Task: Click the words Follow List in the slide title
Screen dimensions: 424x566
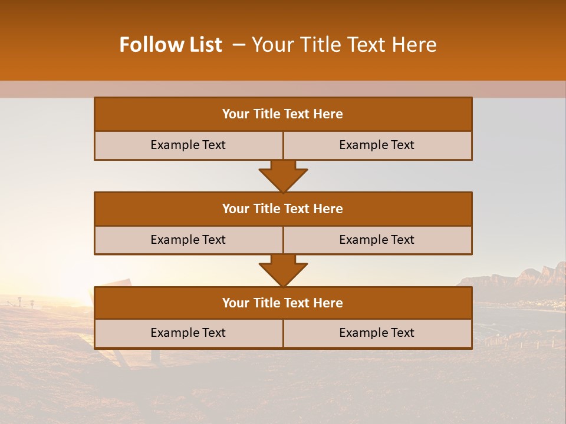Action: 170,45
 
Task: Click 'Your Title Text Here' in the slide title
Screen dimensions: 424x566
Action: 344,45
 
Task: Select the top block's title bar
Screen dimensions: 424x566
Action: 283,114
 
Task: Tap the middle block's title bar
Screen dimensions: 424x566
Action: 283,209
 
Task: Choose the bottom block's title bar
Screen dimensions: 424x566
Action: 283,303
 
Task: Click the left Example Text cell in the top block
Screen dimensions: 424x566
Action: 188,145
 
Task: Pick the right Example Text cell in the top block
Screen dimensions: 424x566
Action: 377,145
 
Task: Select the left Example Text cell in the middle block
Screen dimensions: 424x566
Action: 188,240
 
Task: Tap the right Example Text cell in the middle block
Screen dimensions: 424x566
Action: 377,240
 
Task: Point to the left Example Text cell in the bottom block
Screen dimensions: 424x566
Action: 188,333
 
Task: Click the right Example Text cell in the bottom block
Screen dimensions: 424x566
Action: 377,333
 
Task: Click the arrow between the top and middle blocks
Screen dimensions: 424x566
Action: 283,176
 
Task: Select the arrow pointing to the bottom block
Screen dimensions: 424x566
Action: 283,271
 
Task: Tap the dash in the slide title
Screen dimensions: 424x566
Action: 239,45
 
